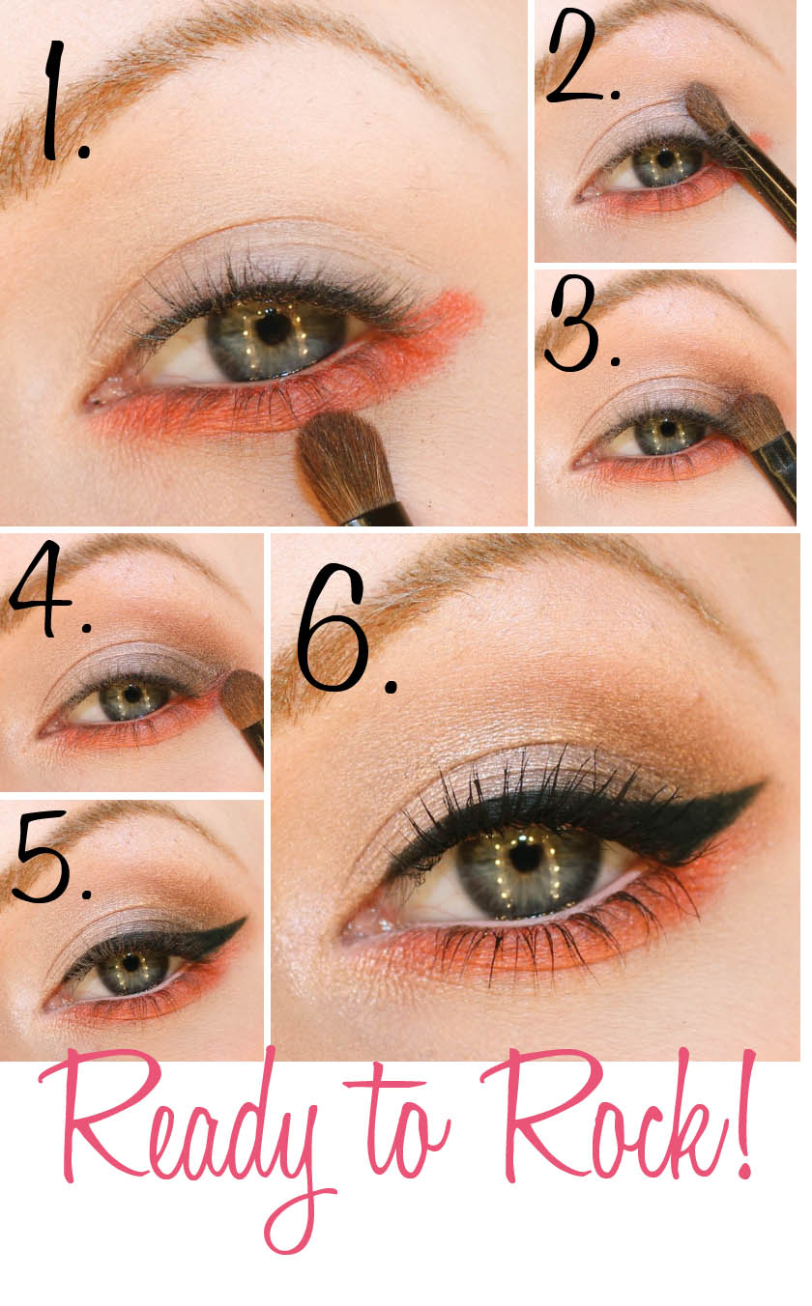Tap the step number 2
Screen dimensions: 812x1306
coord(582,57)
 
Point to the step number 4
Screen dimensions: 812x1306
coord(50,589)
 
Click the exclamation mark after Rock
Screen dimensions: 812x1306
coord(745,1114)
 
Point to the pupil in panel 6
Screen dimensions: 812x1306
coord(526,856)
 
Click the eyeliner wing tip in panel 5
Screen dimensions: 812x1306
coord(245,919)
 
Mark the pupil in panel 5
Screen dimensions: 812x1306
coord(131,962)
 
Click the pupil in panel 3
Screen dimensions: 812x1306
coord(667,429)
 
